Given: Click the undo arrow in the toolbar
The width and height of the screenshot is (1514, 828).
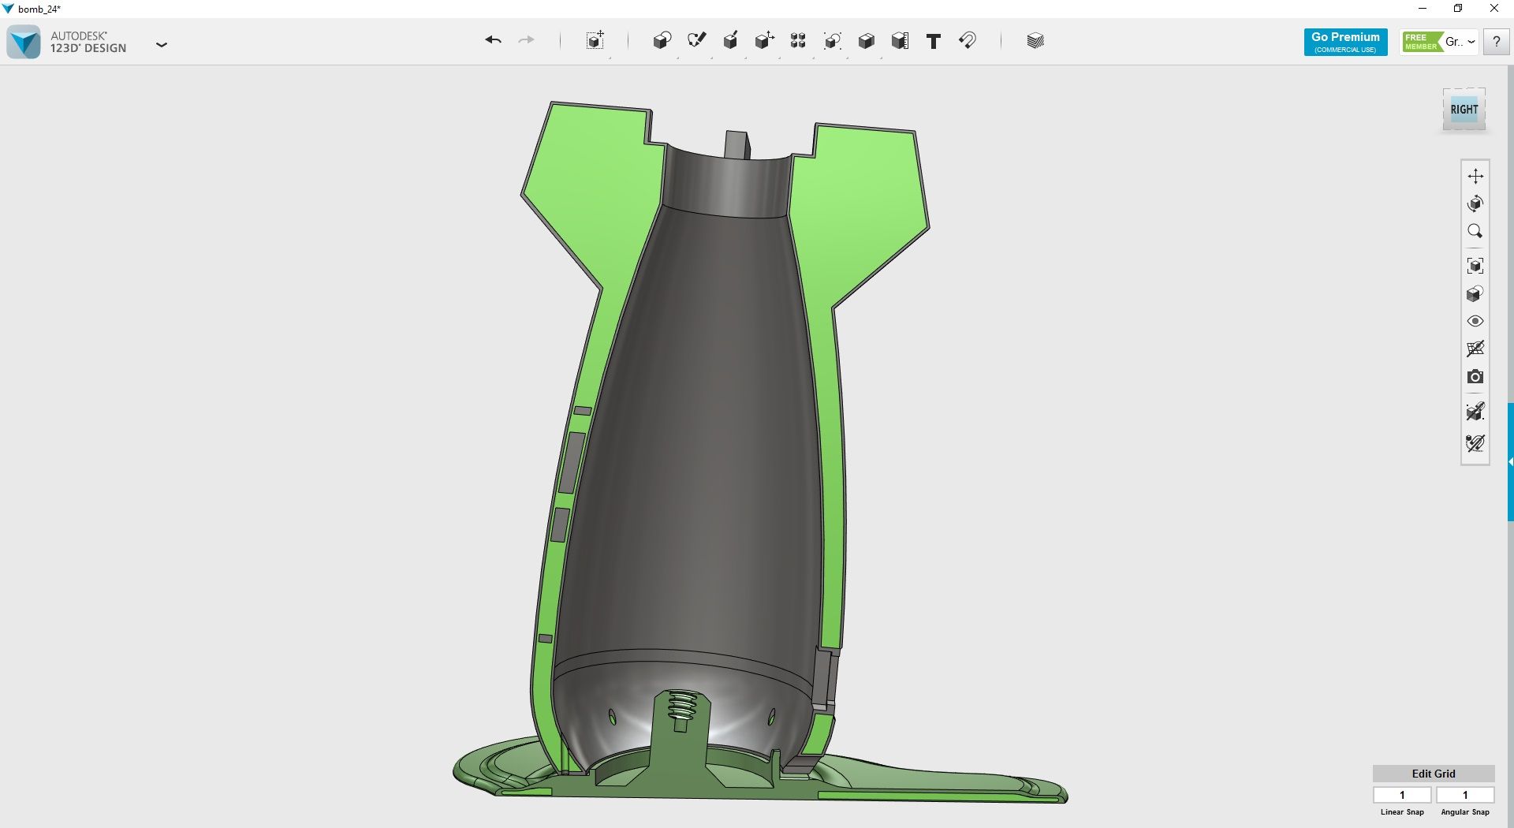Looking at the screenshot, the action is tap(493, 40).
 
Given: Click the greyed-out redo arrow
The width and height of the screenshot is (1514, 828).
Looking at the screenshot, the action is tap(526, 40).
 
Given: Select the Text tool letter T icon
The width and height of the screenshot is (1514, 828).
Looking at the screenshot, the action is tap(934, 41).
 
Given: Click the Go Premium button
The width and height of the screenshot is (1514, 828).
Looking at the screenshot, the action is tap(1345, 42).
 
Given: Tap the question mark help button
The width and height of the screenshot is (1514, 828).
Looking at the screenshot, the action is tap(1496, 42).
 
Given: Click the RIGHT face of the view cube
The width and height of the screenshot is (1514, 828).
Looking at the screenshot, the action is tap(1464, 110).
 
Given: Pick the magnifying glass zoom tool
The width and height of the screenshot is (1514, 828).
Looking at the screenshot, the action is tap(1475, 231).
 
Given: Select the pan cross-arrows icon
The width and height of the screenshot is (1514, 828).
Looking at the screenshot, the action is tap(1475, 176).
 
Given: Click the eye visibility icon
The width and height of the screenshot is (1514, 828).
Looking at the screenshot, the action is tap(1475, 321).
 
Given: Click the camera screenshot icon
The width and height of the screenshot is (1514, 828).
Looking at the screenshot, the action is tap(1475, 377).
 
